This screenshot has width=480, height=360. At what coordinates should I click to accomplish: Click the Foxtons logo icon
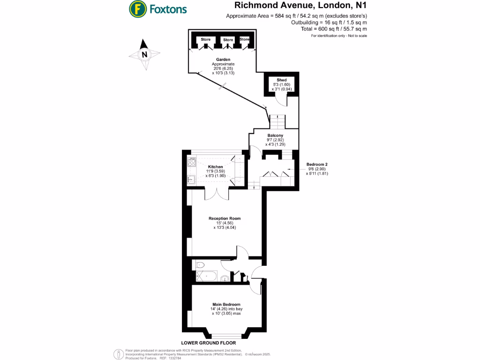[137, 8]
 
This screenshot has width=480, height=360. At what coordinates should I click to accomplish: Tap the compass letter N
[144, 54]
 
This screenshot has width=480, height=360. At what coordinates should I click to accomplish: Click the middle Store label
[228, 40]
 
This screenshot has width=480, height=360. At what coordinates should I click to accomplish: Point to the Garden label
[223, 60]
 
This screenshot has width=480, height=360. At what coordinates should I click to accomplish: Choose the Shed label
[281, 80]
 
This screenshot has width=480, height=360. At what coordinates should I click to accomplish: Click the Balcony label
[275, 135]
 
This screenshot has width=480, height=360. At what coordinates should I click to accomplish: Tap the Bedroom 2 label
[317, 164]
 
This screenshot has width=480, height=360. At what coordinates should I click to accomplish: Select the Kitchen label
[215, 167]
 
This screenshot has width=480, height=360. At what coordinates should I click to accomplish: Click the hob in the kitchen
[191, 163]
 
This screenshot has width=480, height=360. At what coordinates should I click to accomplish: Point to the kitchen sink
[191, 179]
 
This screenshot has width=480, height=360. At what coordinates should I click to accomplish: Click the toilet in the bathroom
[201, 264]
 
